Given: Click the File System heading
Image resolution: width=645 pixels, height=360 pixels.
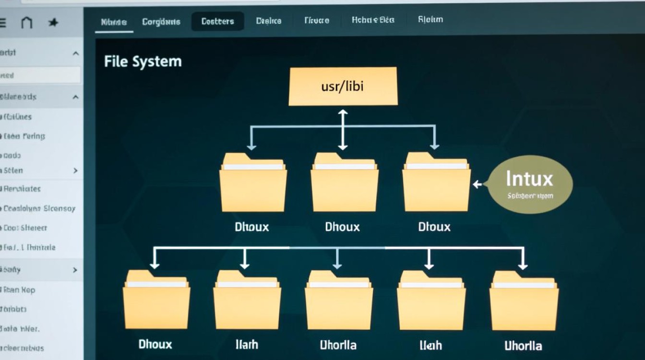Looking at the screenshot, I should click(143, 62).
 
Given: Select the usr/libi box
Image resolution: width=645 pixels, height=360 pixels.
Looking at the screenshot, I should click(343, 86).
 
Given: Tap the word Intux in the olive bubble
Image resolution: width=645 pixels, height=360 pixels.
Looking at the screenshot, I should click(529, 179).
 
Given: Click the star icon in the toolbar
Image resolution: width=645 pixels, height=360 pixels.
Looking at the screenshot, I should click(53, 23).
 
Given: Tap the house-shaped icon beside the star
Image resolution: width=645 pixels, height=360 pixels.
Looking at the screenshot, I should click(27, 22).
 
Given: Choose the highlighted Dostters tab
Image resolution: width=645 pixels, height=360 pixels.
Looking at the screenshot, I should click(217, 22).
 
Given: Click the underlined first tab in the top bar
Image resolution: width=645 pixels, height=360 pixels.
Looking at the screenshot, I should click(114, 22).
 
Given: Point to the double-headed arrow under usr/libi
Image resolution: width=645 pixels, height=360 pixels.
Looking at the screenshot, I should click(342, 130).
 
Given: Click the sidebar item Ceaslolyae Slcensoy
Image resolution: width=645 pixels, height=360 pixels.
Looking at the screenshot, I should click(39, 209).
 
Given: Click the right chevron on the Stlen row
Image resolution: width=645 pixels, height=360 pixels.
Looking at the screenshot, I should click(75, 170).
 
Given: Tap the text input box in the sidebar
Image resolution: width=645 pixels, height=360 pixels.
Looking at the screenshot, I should click(40, 75).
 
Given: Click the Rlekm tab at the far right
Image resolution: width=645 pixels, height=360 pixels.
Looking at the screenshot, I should click(430, 20).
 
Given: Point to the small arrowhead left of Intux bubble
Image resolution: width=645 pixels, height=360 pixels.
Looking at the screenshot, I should click(476, 184).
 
